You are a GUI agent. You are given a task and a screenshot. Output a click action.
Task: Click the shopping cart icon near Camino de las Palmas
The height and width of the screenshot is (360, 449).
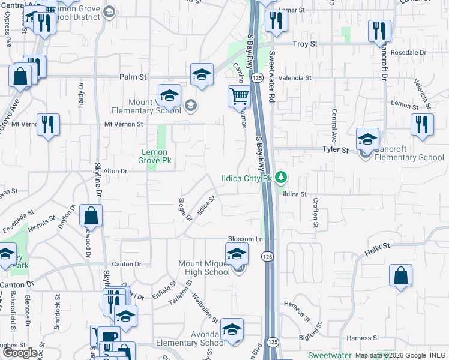pyautogui.click(x=239, y=95)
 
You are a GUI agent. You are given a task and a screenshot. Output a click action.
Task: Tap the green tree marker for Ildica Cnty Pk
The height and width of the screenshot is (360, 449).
pyautogui.click(x=280, y=178)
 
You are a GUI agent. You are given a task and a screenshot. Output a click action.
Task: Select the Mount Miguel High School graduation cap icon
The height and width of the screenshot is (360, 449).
pyautogui.click(x=237, y=253)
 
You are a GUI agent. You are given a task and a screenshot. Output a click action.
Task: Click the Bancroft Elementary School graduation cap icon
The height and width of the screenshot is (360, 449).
pyautogui.click(x=367, y=139)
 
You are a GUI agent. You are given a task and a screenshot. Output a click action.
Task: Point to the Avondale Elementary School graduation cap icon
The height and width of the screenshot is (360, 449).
pyautogui.click(x=232, y=329)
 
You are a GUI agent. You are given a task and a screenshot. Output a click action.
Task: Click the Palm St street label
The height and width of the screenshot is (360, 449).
pyautogui.click(x=133, y=77)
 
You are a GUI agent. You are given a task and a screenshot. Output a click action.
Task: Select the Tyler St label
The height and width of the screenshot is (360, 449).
pyautogui.click(x=336, y=149)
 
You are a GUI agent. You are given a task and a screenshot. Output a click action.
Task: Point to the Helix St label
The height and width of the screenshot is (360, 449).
pyautogui.click(x=378, y=246)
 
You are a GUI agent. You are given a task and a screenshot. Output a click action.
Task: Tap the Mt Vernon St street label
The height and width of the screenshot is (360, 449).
pyautogui.click(x=124, y=124)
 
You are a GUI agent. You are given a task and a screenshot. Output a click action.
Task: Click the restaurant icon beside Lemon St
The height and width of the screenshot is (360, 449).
pyautogui.click(x=421, y=124)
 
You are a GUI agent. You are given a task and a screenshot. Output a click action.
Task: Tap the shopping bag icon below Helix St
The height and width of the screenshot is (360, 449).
pyautogui.click(x=400, y=275)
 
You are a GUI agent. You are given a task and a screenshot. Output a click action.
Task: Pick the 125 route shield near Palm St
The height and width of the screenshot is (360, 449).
pyautogui.click(x=257, y=78)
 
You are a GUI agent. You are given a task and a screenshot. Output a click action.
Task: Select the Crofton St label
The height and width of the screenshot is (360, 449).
pyautogui.click(x=316, y=212)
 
